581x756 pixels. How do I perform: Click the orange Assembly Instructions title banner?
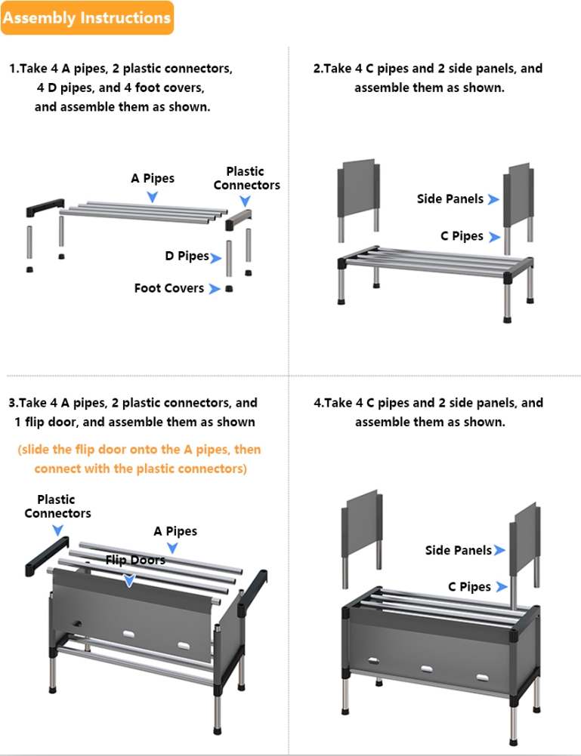point(87,18)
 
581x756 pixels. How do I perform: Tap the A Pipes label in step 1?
point(153,178)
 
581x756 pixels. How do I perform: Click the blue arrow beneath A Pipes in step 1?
point(152,197)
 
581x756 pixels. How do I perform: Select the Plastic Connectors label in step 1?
point(246,178)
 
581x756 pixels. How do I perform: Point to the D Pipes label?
point(187,256)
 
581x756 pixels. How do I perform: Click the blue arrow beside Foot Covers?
point(215,289)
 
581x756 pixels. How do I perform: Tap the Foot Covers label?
point(169,288)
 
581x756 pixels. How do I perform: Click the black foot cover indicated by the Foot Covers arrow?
point(230,288)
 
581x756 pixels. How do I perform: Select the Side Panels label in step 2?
point(450,198)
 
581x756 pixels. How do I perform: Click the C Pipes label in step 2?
point(462,235)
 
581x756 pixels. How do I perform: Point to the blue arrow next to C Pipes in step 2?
point(494,237)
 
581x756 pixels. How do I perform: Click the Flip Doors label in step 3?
point(135,560)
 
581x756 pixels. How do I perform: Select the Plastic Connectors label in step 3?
point(57,506)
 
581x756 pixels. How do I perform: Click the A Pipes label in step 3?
point(175,531)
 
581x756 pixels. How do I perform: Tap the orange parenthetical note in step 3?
point(140,459)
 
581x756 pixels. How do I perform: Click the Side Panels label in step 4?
point(459,550)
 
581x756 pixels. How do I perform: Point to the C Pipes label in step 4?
point(469,587)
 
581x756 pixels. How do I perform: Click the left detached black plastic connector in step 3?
point(47,556)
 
